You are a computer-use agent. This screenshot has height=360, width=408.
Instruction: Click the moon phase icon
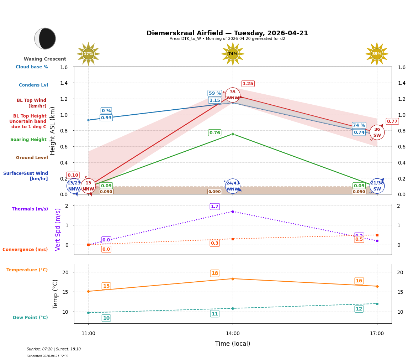click(x=45, y=38)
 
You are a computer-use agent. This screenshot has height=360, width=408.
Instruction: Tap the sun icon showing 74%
click(x=233, y=54)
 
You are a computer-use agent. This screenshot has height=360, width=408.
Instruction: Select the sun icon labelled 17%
click(x=88, y=54)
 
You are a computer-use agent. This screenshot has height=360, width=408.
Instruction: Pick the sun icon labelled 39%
click(x=377, y=54)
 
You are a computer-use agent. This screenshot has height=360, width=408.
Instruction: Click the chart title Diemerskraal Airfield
click(x=227, y=33)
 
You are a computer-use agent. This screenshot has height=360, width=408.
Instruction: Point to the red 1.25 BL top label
click(x=248, y=84)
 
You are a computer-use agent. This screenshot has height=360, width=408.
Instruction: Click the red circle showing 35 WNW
click(x=233, y=95)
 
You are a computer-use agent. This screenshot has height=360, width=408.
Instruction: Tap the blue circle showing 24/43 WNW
click(x=233, y=186)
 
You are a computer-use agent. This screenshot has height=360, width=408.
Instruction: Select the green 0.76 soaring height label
click(x=214, y=133)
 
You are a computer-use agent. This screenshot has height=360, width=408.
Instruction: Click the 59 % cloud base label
click(x=214, y=93)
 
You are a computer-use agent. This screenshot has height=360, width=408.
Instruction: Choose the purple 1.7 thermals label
click(x=214, y=207)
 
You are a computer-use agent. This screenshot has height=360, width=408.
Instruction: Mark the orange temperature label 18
click(x=214, y=273)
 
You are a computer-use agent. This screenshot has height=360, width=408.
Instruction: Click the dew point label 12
click(x=359, y=309)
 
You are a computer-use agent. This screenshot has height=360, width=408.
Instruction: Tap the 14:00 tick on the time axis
click(x=233, y=334)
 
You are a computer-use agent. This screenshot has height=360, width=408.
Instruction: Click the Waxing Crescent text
click(x=45, y=59)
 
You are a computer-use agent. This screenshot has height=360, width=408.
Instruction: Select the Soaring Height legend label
click(x=28, y=140)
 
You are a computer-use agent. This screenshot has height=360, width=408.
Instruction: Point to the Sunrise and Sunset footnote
click(x=54, y=349)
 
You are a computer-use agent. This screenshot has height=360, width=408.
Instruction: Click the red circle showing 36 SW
click(x=377, y=132)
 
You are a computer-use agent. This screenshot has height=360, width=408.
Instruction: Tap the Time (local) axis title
click(x=233, y=344)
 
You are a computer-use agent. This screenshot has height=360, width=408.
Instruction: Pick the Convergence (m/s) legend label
click(x=25, y=250)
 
